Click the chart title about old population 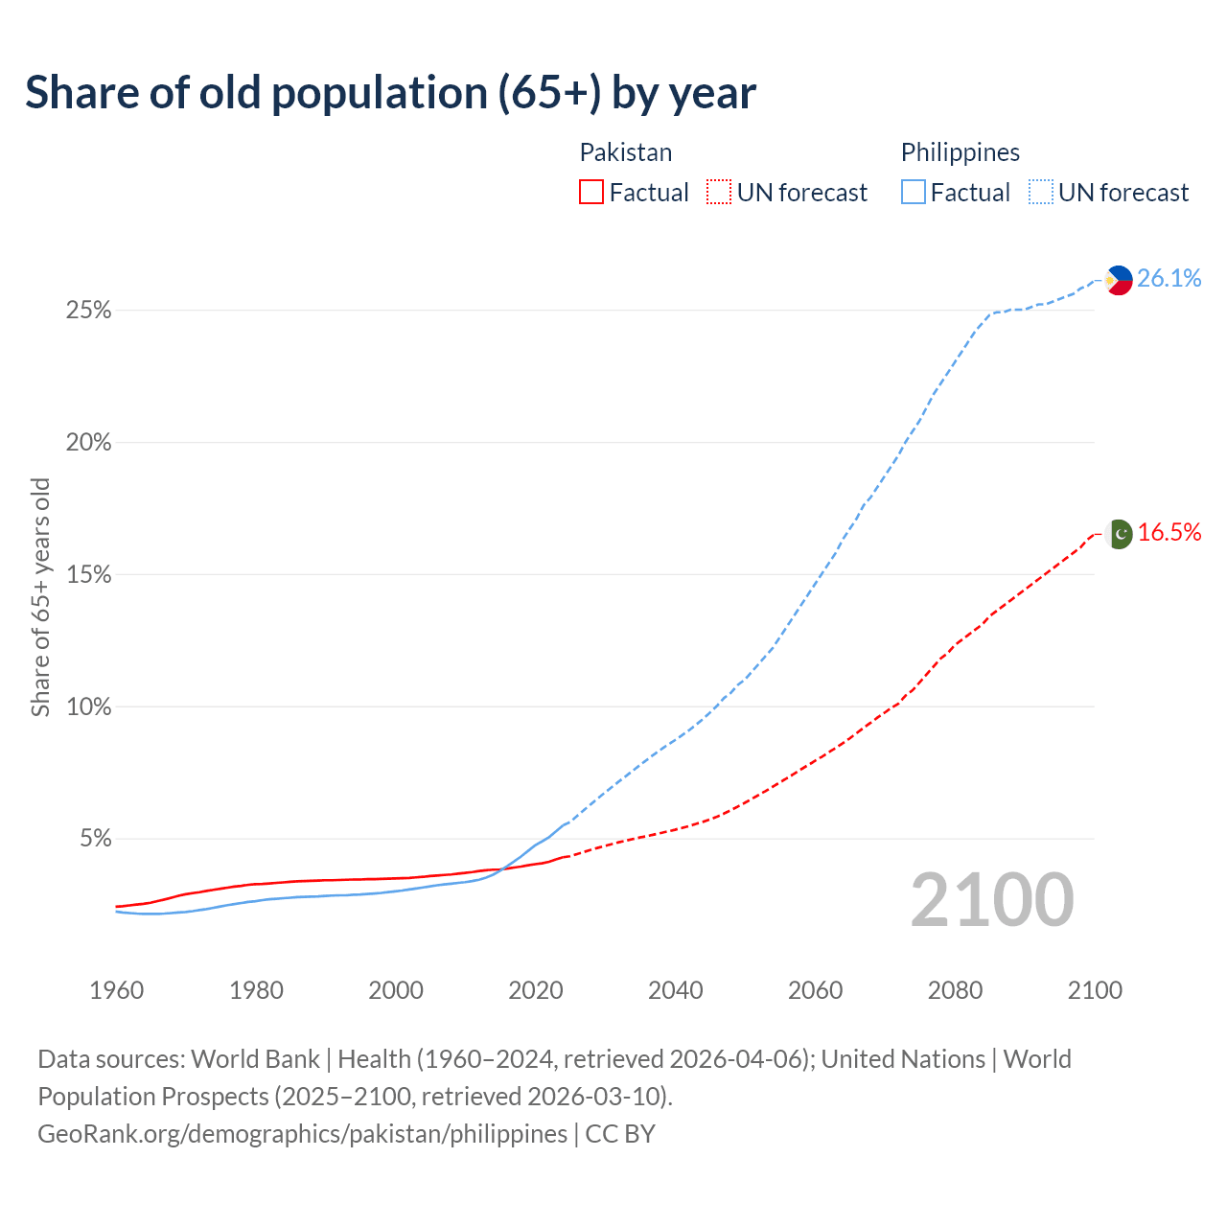click(x=390, y=93)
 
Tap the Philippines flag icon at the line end click(x=1119, y=280)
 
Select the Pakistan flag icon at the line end click(x=1119, y=534)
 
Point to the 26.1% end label click(x=1169, y=279)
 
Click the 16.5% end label click(x=1169, y=533)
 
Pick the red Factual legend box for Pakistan click(x=591, y=193)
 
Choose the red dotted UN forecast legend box click(x=719, y=193)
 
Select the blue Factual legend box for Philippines click(x=913, y=193)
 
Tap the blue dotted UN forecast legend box click(x=1040, y=193)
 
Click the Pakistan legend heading click(x=626, y=152)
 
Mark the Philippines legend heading click(x=960, y=152)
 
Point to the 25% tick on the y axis click(x=89, y=311)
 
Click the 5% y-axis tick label click(x=95, y=839)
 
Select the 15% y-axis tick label click(x=89, y=575)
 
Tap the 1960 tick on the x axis click(x=116, y=990)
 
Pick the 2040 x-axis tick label click(x=675, y=990)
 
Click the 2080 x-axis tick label click(x=955, y=990)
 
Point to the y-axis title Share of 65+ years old click(x=40, y=597)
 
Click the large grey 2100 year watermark click(x=991, y=900)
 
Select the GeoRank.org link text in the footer click(x=302, y=1134)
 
